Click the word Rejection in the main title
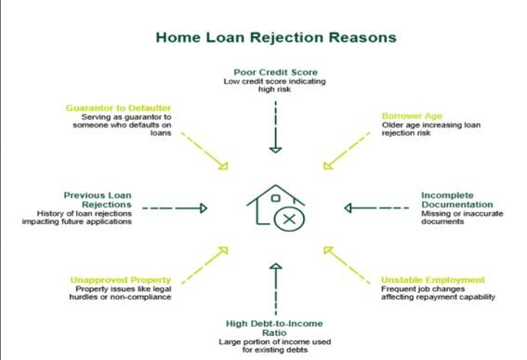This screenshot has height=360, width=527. click(x=286, y=37)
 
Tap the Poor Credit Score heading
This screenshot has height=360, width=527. click(x=276, y=73)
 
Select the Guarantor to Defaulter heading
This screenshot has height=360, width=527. click(x=118, y=108)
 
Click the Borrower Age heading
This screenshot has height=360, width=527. click(x=412, y=116)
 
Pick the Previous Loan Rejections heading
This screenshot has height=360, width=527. click(x=98, y=200)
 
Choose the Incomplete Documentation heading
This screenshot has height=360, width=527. click(x=457, y=200)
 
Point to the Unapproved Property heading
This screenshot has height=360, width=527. click(x=121, y=280)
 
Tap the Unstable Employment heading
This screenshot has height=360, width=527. click(x=433, y=280)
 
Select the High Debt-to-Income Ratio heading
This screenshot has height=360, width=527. click(x=274, y=328)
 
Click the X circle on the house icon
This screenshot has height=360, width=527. click(x=289, y=220)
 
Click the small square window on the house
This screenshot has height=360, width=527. click(x=276, y=198)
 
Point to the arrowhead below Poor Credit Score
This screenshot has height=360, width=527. click(x=276, y=150)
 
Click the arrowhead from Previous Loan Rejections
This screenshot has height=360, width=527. click(x=204, y=208)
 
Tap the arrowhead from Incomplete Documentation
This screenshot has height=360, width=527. click(x=348, y=208)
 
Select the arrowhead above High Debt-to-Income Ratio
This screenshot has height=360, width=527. click(x=276, y=266)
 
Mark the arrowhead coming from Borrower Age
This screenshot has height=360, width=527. click(x=327, y=166)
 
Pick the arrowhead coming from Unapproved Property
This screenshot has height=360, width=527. click(x=224, y=250)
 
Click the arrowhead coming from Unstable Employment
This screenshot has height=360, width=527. click(x=328, y=250)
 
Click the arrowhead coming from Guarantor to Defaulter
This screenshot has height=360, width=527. click(x=224, y=166)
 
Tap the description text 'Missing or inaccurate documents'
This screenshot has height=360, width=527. click(x=462, y=218)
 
